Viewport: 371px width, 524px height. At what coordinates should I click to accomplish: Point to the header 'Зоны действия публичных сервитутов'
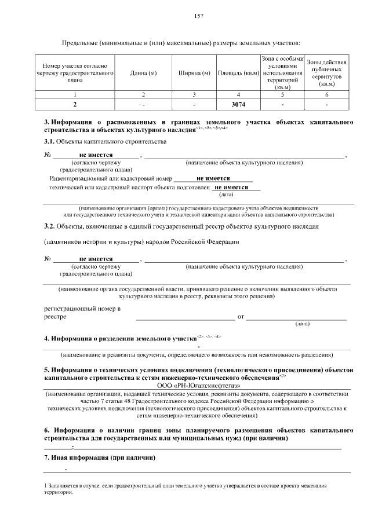click(x=327, y=72)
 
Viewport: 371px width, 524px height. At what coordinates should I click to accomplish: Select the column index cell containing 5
click(x=282, y=94)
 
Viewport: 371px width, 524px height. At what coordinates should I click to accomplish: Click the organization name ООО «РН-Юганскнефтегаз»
click(x=198, y=385)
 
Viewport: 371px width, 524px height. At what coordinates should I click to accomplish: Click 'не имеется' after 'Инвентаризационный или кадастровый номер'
click(x=213, y=178)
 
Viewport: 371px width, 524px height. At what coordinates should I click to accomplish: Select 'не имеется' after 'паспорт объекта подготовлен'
click(x=231, y=188)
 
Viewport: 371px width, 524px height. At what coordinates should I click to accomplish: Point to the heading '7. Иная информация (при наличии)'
click(x=100, y=457)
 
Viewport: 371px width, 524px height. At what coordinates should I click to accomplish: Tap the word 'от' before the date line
click(x=241, y=317)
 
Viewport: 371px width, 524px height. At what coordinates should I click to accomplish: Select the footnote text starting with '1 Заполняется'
click(x=185, y=488)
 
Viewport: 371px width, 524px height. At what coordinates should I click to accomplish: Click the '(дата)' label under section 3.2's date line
click(x=302, y=324)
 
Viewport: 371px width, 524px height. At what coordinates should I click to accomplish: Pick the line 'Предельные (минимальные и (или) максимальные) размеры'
click(x=181, y=43)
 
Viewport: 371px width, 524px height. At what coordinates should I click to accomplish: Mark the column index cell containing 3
click(x=194, y=94)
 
